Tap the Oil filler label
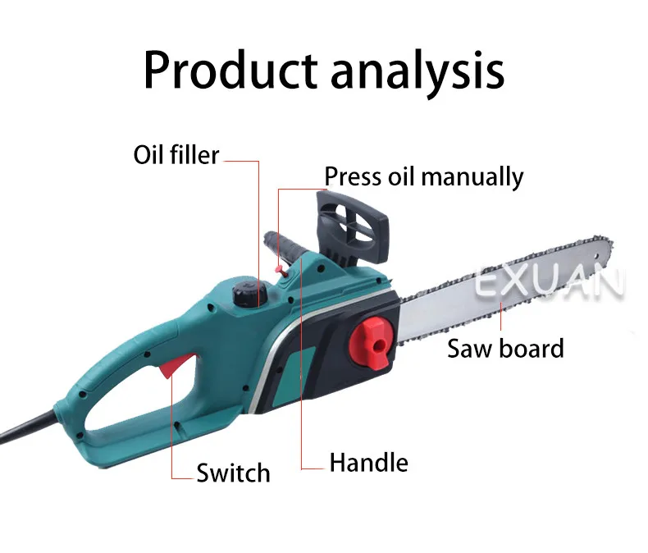(x=176, y=154)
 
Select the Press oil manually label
(x=423, y=176)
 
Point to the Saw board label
(x=505, y=348)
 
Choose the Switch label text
(x=233, y=473)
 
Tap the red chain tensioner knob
(x=369, y=341)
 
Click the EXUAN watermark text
(x=550, y=285)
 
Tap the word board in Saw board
(x=531, y=348)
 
